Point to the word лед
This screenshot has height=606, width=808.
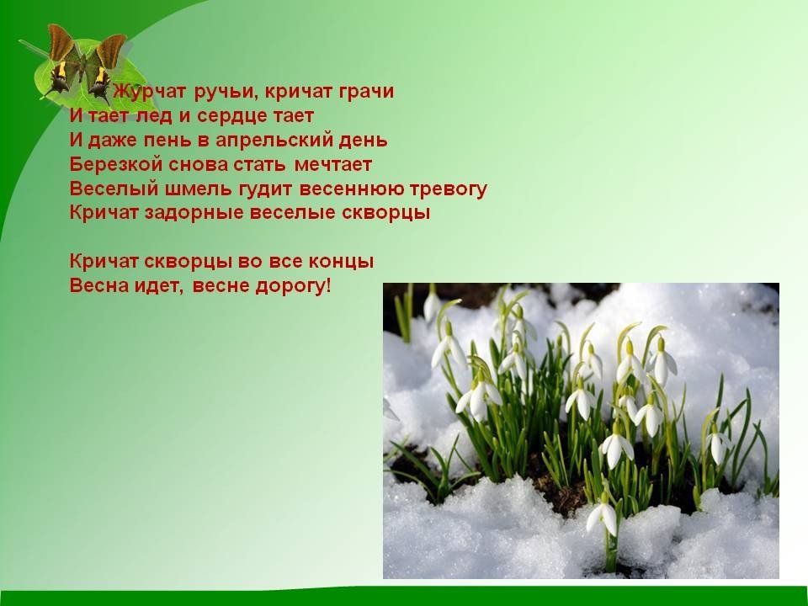click(154, 116)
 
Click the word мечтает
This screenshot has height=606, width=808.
click(333, 165)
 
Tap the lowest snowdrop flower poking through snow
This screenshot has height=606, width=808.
click(603, 517)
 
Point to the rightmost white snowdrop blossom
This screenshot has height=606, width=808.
click(717, 446)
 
